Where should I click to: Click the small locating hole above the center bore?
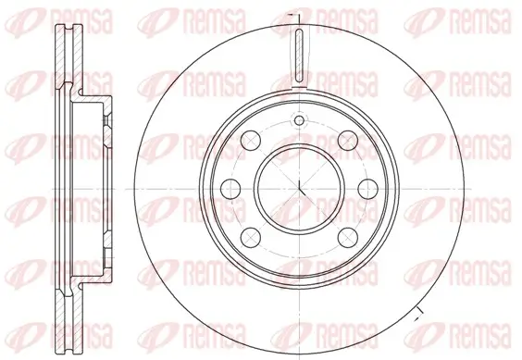tap(298, 120)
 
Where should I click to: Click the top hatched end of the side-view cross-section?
tap(66, 37)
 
